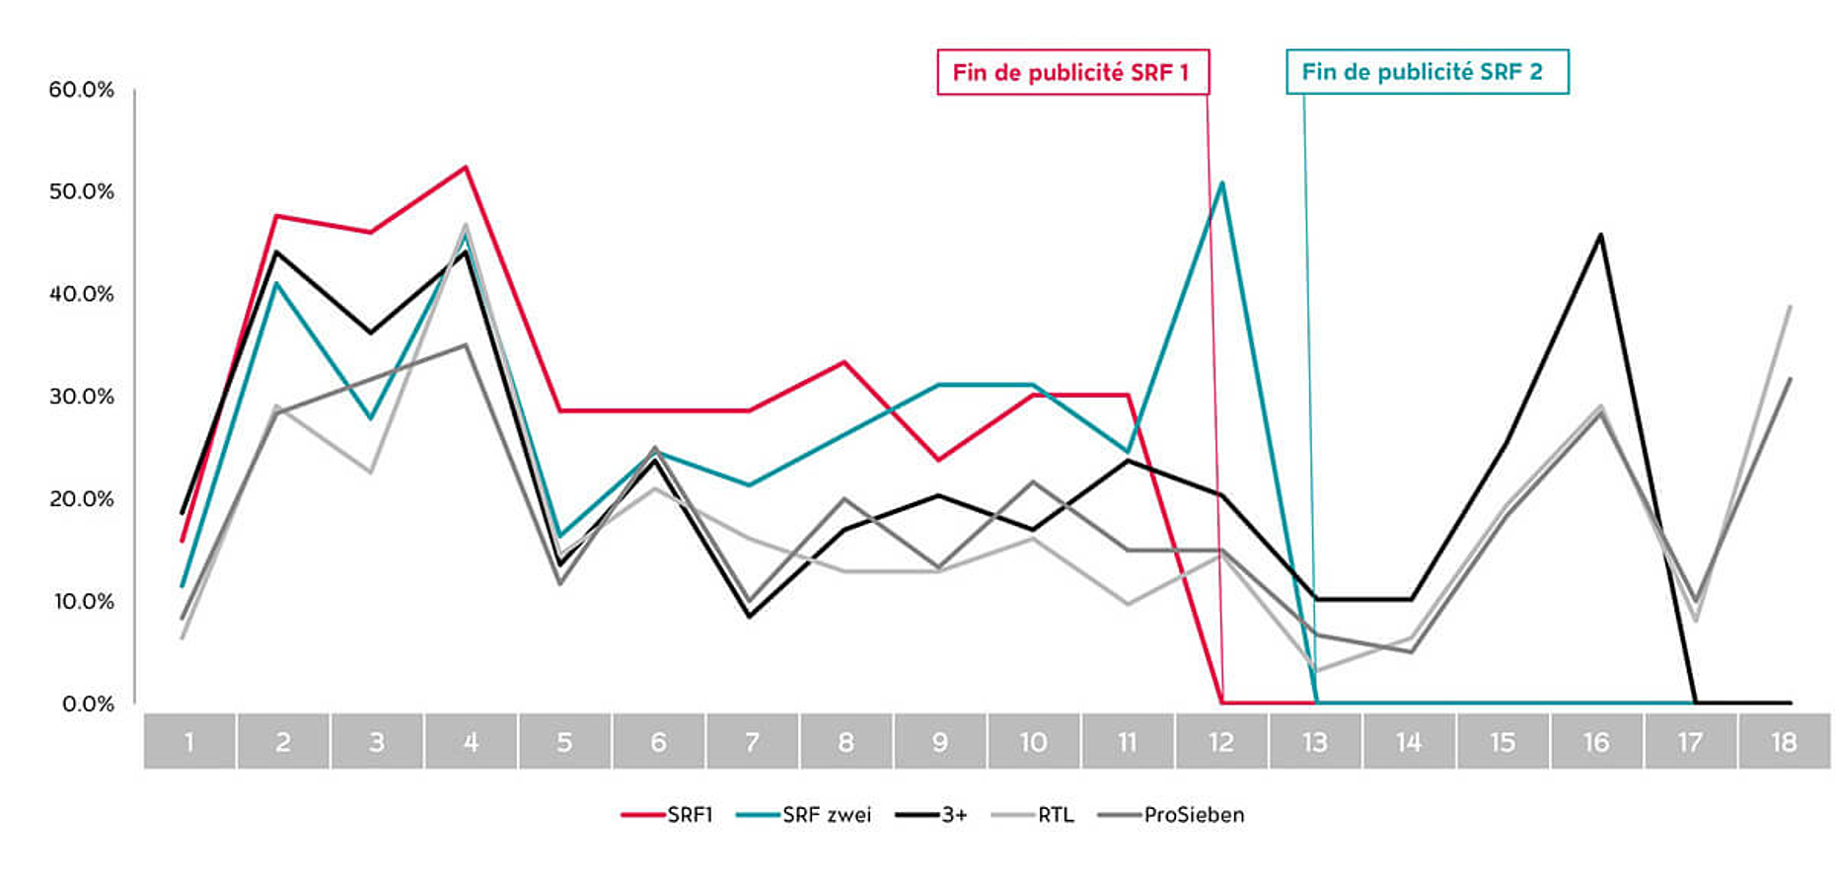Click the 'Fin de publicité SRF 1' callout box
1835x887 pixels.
tap(1072, 72)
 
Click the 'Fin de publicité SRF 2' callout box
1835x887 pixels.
tap(1426, 72)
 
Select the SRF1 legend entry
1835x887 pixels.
tap(668, 815)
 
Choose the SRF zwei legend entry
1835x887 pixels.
tap(805, 815)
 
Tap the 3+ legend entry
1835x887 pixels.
tap(932, 815)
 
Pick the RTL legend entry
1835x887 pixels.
tap(1033, 815)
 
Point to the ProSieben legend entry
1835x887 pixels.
tap(1172, 815)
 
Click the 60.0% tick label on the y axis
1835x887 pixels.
tap(81, 90)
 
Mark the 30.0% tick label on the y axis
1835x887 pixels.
tap(81, 397)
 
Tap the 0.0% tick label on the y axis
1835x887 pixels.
tap(88, 703)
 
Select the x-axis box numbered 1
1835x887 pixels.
tap(189, 742)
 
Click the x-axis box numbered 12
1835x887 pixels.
tap(1221, 742)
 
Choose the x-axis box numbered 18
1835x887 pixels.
tap(1784, 742)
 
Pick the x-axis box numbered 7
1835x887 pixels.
tap(752, 742)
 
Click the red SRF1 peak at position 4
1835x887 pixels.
tap(466, 167)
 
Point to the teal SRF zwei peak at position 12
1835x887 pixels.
tap(1222, 183)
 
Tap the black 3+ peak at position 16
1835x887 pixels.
tap(1599, 235)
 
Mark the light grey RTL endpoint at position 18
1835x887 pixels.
tap(1790, 307)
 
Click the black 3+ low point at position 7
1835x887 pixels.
tap(749, 617)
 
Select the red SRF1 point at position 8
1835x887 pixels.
tap(844, 362)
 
